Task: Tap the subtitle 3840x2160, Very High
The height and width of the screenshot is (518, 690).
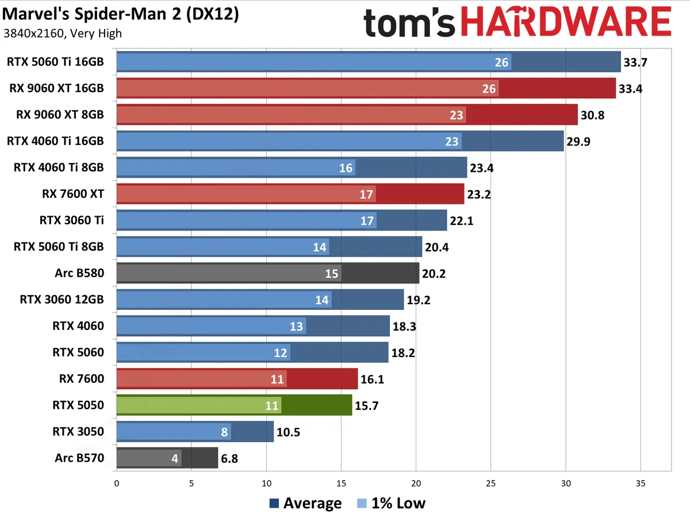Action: [62, 33]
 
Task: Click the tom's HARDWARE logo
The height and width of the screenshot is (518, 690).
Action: [517, 24]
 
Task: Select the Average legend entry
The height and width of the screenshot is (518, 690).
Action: [305, 504]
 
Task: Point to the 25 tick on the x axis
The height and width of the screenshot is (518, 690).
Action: [490, 484]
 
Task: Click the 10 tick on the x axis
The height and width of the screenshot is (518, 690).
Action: [266, 484]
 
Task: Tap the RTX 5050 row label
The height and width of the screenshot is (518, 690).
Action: [78, 405]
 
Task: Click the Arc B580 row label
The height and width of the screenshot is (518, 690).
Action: [79, 273]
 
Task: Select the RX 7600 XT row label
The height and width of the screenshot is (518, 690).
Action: [73, 194]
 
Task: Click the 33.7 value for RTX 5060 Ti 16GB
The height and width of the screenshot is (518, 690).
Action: [636, 62]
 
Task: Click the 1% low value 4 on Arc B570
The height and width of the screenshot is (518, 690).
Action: [174, 458]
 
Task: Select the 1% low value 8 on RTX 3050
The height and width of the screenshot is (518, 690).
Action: [224, 432]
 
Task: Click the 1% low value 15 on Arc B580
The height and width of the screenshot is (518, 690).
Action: [332, 273]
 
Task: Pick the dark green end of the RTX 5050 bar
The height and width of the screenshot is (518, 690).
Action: [317, 405]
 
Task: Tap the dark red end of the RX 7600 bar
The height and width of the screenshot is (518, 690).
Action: [322, 379]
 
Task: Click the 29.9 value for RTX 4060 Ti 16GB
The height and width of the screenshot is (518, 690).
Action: [579, 141]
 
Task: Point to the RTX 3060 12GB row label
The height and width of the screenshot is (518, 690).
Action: [62, 300]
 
